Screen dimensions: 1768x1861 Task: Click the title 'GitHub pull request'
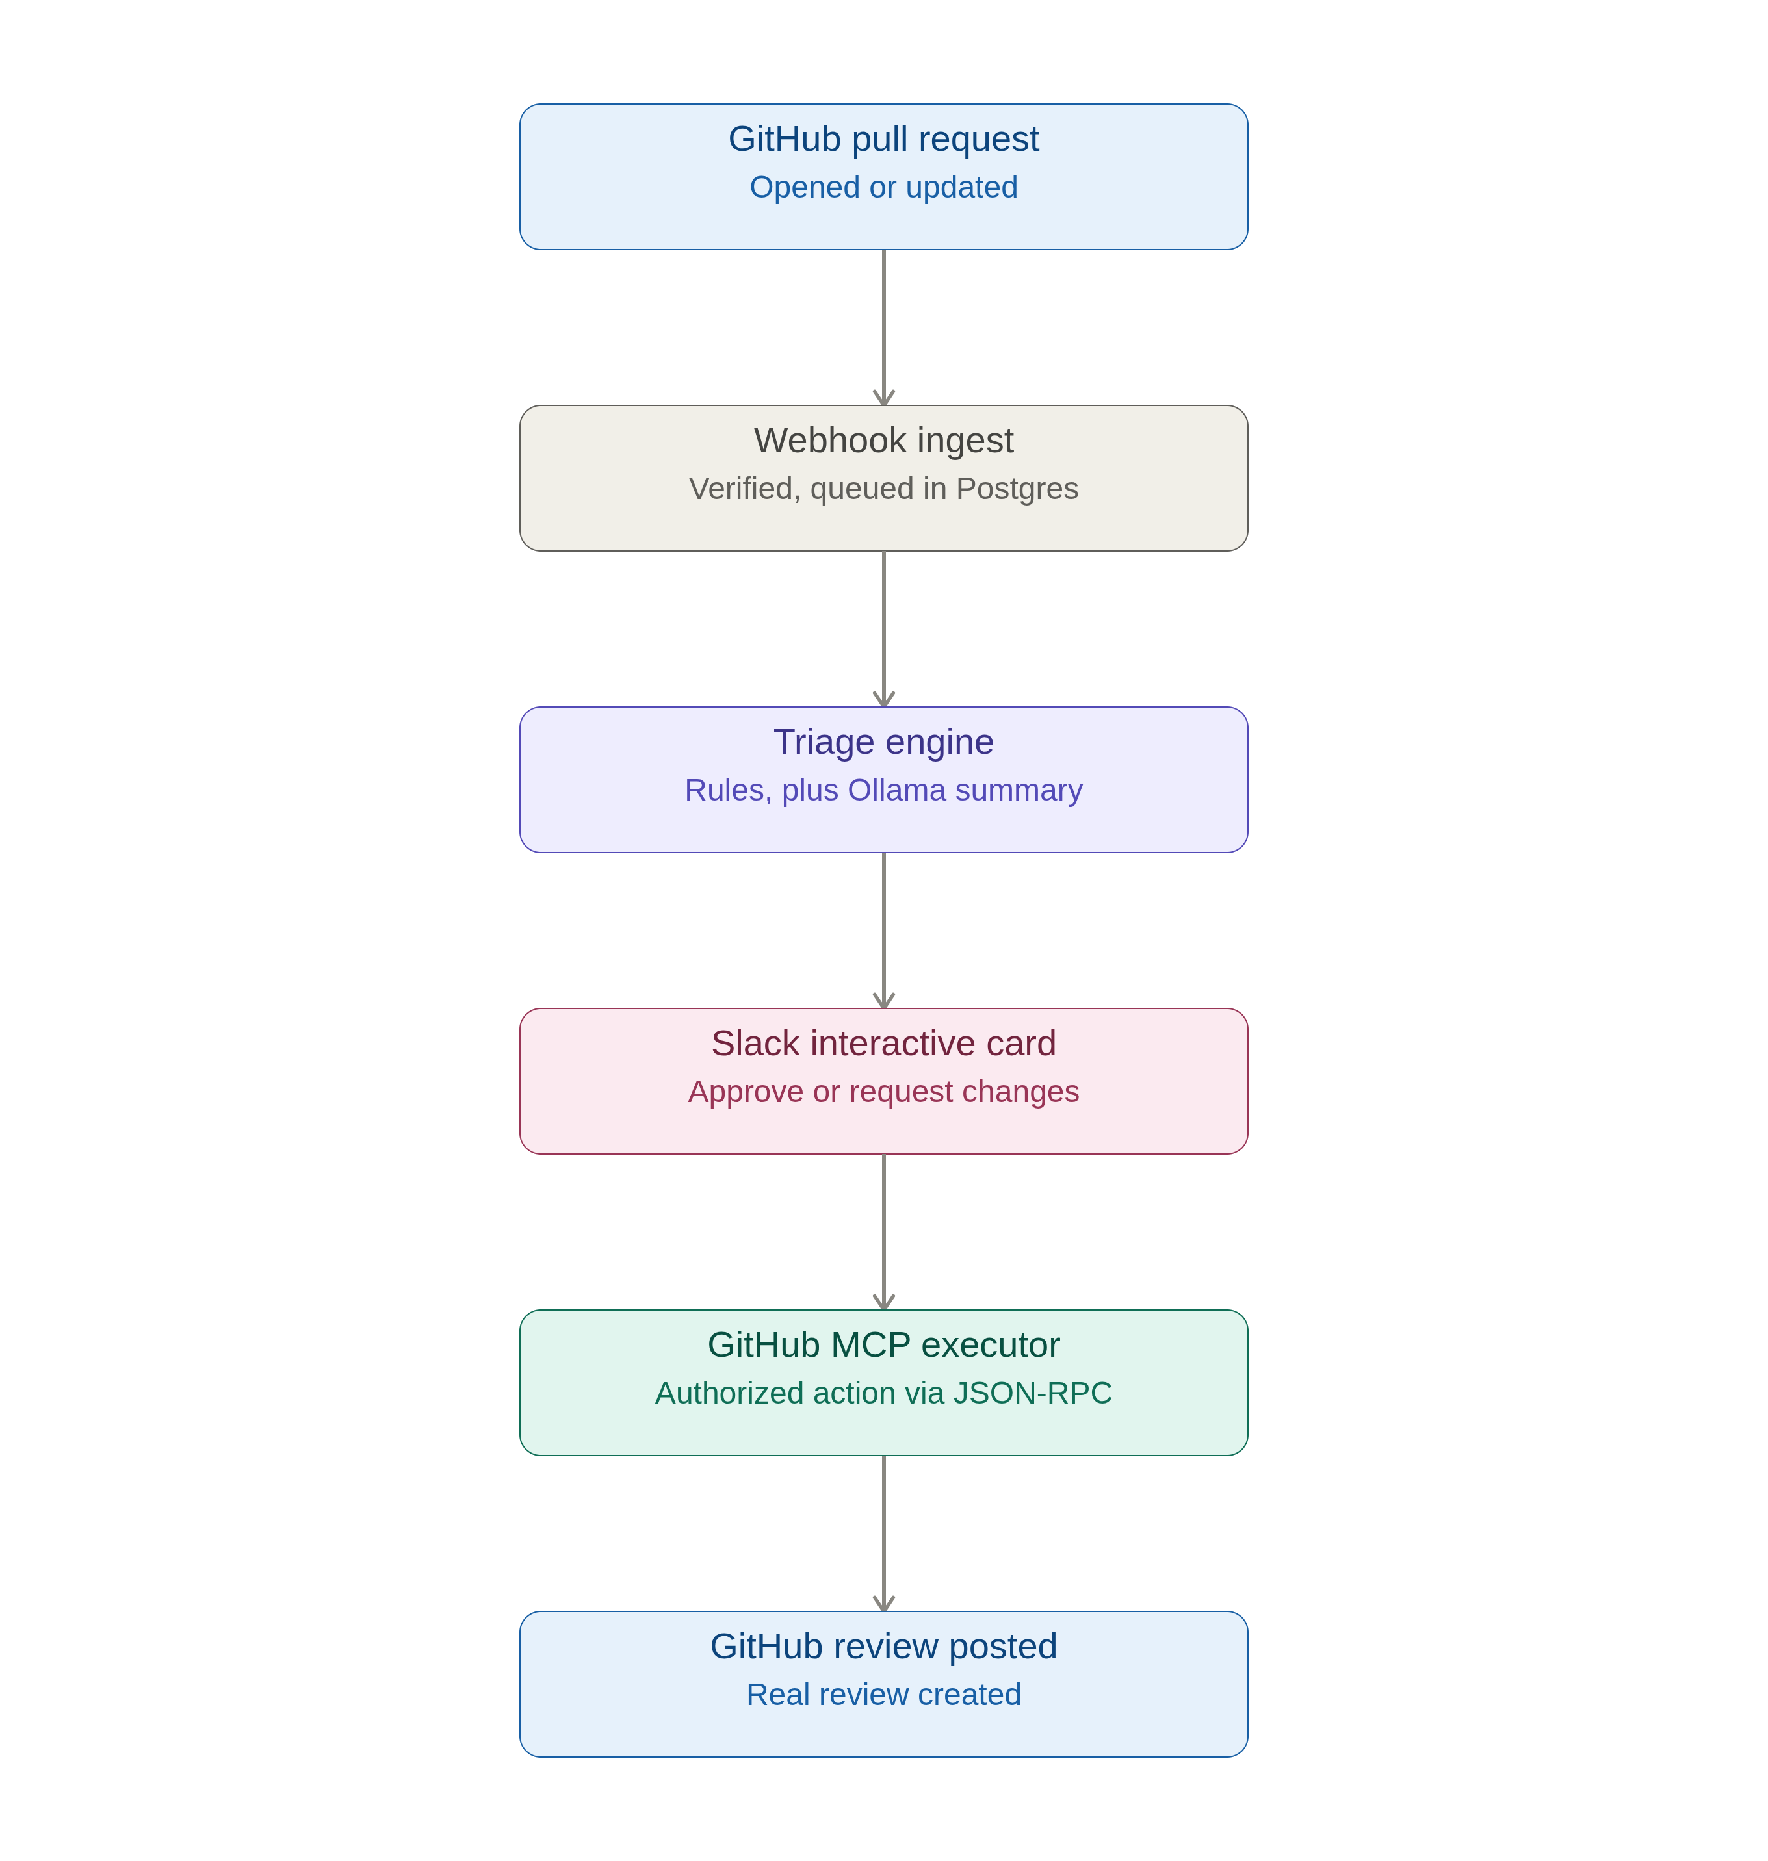pos(883,140)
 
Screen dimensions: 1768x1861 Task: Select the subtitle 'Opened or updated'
pos(883,188)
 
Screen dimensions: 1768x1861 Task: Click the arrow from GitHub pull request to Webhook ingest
pos(883,328)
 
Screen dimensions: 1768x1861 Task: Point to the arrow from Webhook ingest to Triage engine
pos(883,630)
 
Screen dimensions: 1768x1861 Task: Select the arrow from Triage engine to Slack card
pos(883,931)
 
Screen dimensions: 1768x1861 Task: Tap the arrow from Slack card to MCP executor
pos(883,1233)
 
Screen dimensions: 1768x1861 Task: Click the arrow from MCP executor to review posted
pos(883,1534)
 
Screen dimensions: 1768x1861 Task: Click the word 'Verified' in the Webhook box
pos(744,489)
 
